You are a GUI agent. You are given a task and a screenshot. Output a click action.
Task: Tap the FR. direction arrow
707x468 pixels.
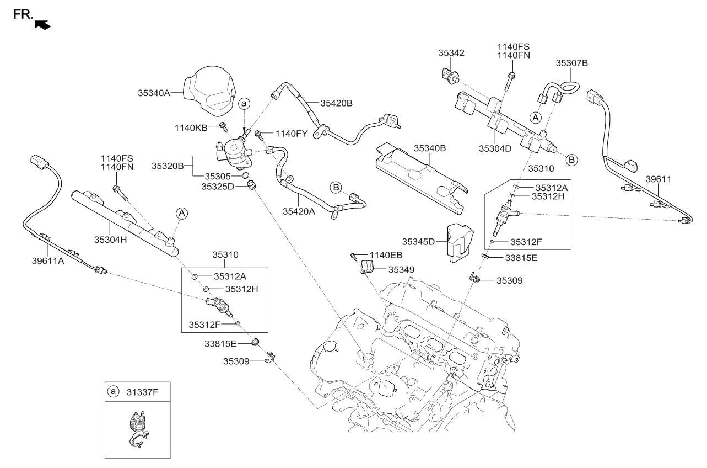coord(42,24)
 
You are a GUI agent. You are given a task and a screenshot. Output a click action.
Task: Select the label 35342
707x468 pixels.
coord(451,54)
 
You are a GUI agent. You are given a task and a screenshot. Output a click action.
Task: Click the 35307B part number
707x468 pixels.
coord(571,63)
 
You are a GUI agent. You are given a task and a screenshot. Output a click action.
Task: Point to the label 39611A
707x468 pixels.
coord(48,261)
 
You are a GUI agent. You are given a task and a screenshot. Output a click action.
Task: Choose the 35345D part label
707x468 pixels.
coord(418,241)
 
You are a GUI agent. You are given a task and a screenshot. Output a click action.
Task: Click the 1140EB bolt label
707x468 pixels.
coord(386,254)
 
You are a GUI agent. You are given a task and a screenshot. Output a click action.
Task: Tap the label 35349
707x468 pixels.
coord(403,270)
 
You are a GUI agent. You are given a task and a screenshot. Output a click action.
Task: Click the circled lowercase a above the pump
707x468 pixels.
coord(244,103)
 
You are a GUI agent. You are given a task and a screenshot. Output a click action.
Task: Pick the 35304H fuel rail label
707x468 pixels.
coord(110,239)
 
